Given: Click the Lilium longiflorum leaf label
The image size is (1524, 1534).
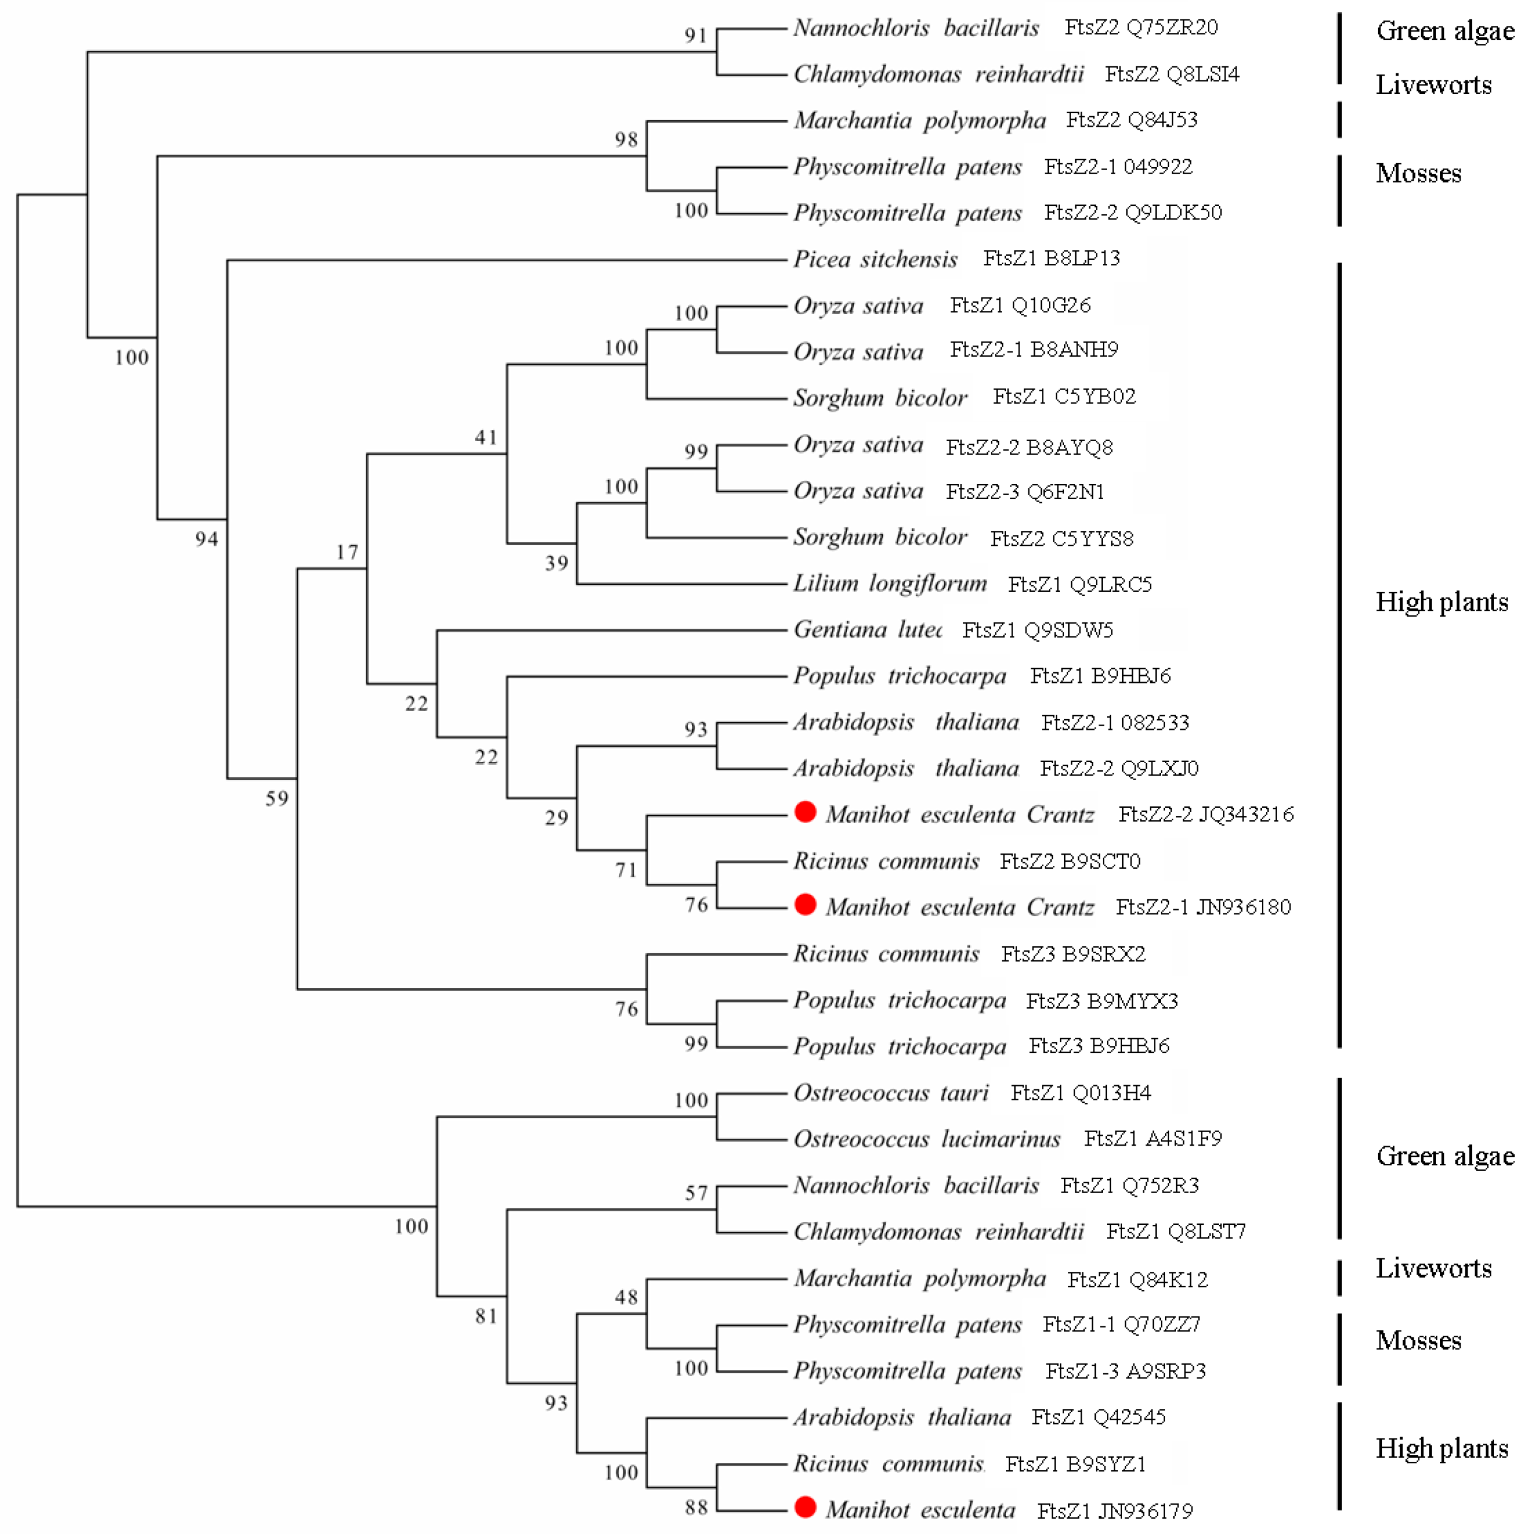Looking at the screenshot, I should [889, 584].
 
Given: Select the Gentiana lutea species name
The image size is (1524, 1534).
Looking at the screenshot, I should [867, 629].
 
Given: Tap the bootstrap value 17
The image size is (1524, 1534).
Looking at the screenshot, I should [347, 552].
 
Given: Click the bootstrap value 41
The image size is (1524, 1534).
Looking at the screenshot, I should [486, 438].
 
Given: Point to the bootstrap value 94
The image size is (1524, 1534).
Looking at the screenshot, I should [206, 539].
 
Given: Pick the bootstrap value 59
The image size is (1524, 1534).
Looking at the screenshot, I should [276, 798].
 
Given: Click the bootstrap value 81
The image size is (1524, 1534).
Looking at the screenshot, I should [486, 1316].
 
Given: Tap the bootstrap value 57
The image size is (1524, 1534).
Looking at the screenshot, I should [696, 1193].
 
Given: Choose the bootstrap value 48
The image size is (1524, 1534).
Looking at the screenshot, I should [626, 1298].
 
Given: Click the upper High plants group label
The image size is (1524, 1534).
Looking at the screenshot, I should [1441, 602].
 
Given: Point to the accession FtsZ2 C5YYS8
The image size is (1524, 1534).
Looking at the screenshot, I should [1061, 539].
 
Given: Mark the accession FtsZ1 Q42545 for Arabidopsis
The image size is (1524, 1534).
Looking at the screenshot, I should [1098, 1417].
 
